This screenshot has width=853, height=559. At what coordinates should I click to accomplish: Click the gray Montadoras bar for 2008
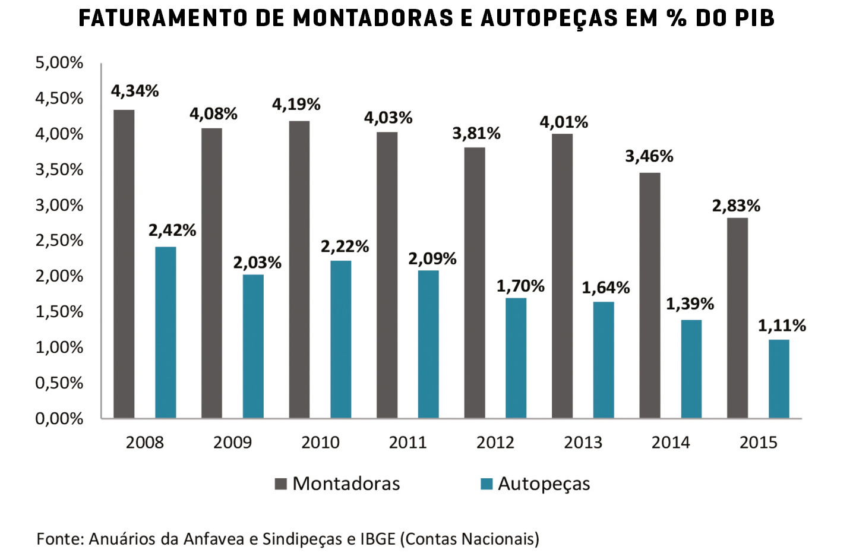124,264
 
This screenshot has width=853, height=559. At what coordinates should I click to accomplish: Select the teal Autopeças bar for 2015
779,379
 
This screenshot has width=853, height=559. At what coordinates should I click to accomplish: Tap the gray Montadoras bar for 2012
475,283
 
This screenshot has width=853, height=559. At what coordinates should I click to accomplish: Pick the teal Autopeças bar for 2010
340,339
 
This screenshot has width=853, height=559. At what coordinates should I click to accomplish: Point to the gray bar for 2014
650,295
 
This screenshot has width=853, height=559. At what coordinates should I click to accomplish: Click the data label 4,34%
135,91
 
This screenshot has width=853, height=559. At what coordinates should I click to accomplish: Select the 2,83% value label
736,206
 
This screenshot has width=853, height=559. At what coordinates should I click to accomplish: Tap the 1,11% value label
782,326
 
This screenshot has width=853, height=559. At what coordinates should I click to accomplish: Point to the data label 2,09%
432,258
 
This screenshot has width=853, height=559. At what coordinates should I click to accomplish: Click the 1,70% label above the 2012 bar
520,286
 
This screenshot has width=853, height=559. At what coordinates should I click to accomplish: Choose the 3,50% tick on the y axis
59,170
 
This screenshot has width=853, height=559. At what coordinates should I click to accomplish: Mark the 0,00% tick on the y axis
59,419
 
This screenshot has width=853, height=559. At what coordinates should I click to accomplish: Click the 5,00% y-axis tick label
59,63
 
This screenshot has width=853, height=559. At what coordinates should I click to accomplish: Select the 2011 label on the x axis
407,443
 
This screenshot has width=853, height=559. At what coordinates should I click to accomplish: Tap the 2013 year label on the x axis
583,443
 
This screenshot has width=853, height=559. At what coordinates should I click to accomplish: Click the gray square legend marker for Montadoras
280,484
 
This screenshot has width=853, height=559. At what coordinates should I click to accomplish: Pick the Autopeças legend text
544,484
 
